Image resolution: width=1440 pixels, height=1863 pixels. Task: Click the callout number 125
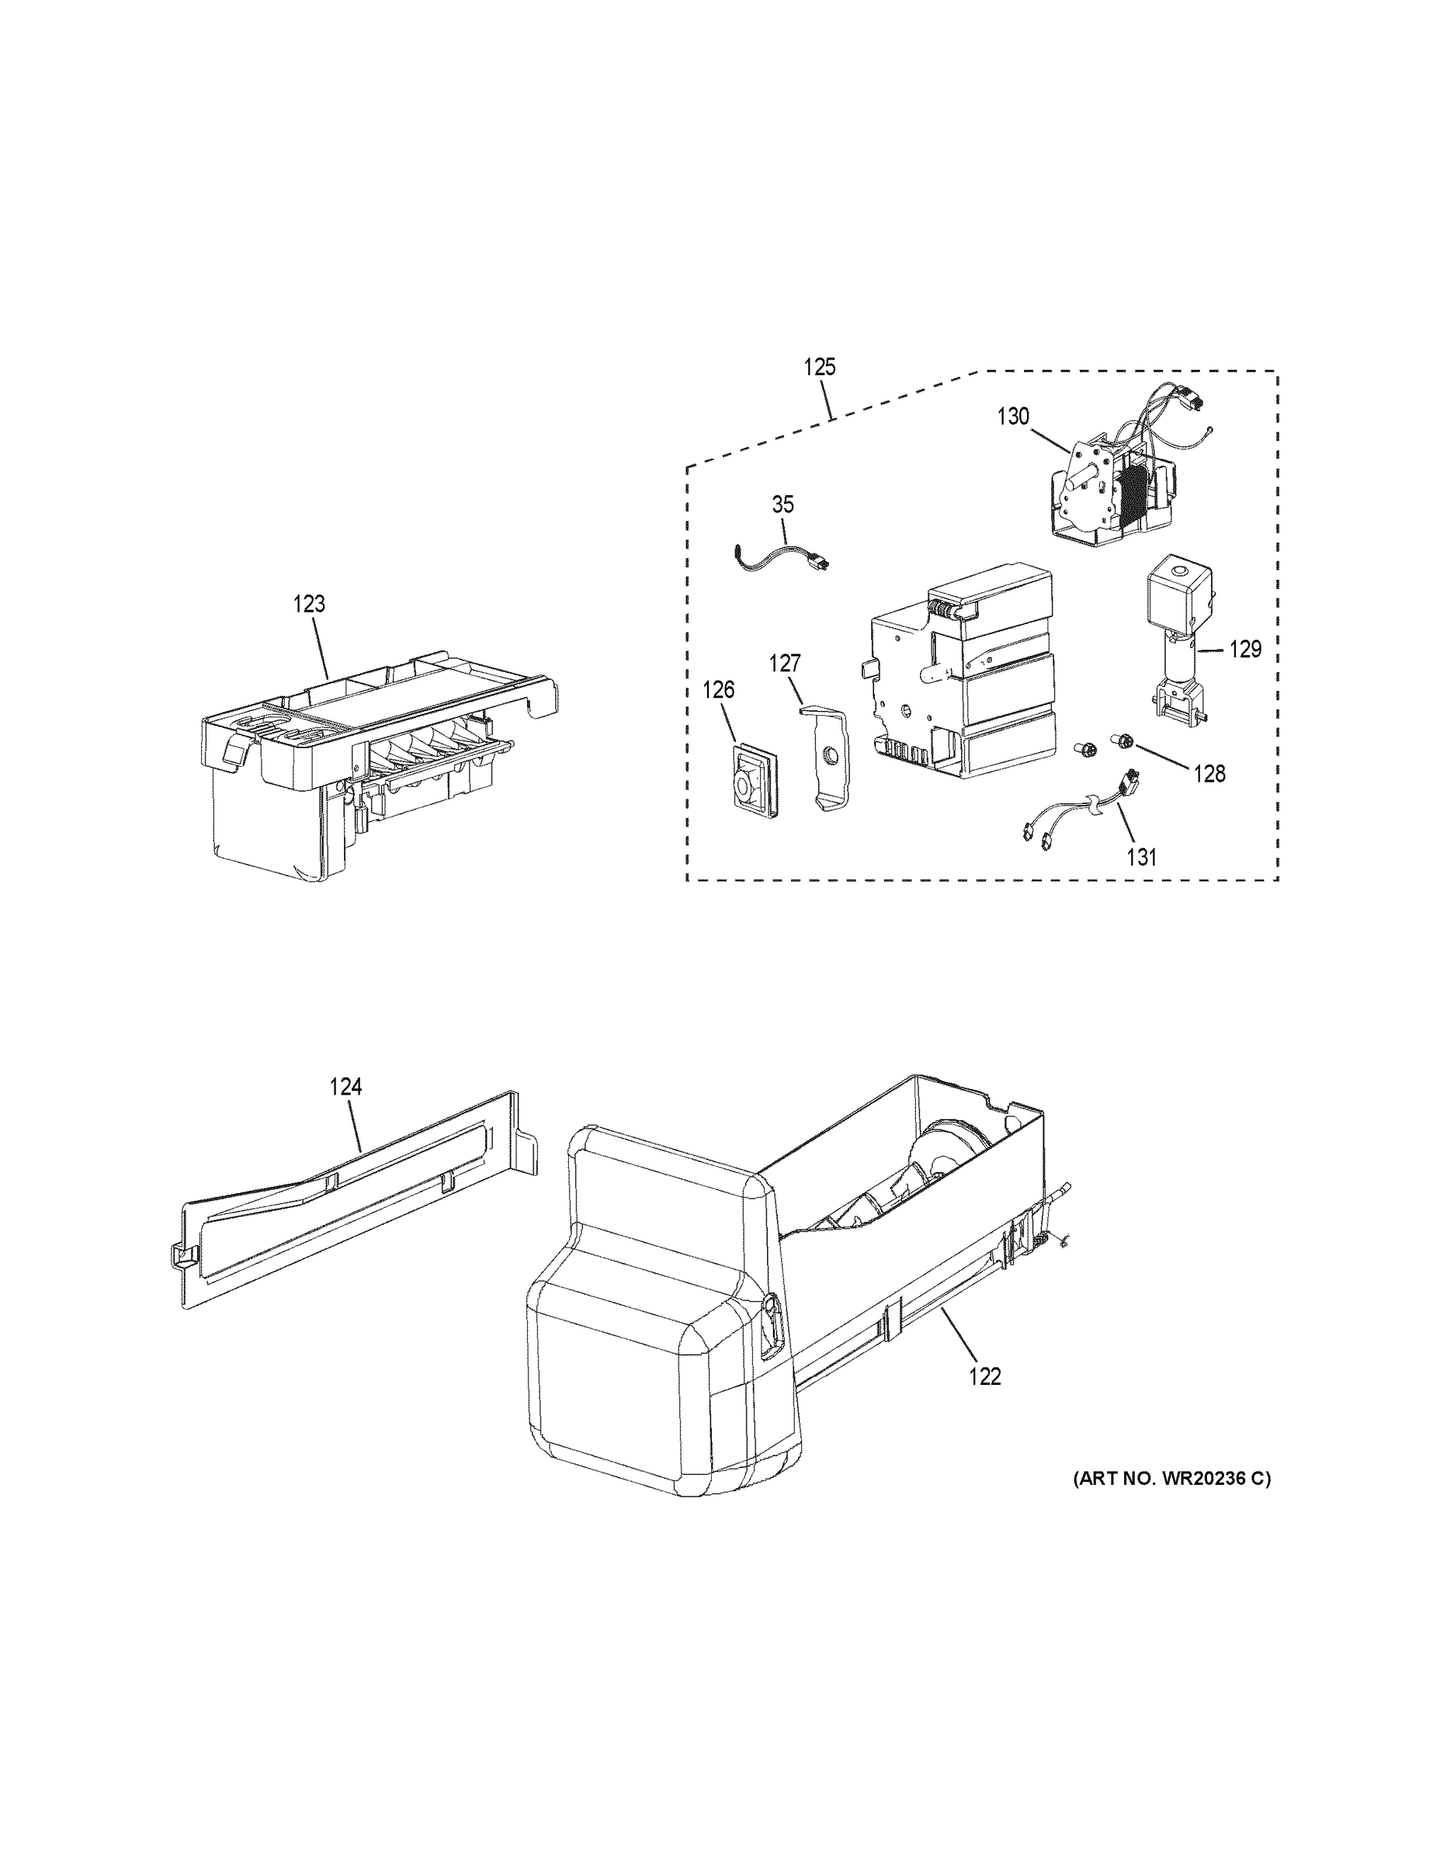pyautogui.click(x=820, y=367)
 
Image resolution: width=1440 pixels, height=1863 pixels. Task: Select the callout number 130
pyautogui.click(x=1015, y=416)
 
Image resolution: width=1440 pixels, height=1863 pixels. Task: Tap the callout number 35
pyautogui.click(x=782, y=504)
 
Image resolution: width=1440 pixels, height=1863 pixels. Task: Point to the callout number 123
pyautogui.click(x=309, y=604)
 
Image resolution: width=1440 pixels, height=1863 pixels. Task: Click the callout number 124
pyautogui.click(x=346, y=1087)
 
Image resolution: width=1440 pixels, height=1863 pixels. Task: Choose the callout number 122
pyautogui.click(x=984, y=1377)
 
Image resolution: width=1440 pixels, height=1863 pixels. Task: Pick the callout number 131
pyautogui.click(x=1141, y=856)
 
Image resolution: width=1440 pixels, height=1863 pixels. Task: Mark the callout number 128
pyautogui.click(x=1209, y=774)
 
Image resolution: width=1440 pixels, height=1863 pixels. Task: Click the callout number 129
pyautogui.click(x=1244, y=649)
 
